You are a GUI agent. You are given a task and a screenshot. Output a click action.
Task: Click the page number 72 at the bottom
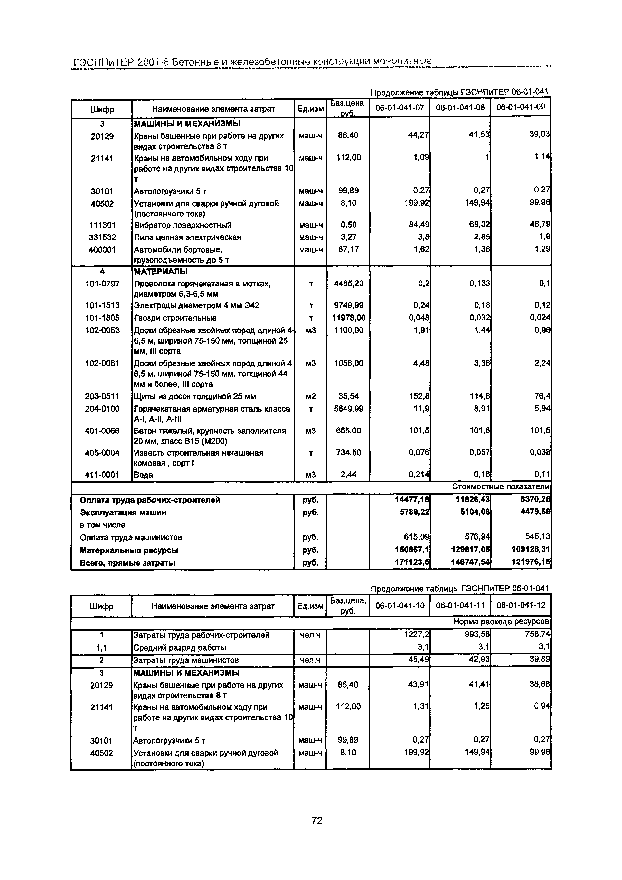pyautogui.click(x=317, y=820)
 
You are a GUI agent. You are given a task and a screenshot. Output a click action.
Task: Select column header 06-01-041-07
pyautogui.click(x=400, y=108)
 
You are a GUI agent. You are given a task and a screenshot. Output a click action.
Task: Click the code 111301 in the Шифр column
pyautogui.click(x=102, y=225)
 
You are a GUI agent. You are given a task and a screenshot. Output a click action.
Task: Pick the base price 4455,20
pyautogui.click(x=348, y=284)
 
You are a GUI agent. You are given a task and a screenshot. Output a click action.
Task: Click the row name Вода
pyautogui.click(x=143, y=475)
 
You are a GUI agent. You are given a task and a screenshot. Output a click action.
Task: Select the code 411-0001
pyautogui.click(x=102, y=475)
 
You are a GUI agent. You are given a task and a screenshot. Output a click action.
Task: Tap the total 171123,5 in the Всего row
pyautogui.click(x=412, y=563)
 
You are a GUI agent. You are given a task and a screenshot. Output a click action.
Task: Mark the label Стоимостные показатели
pyautogui.click(x=501, y=487)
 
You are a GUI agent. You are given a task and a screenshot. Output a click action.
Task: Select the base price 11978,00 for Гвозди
pyautogui.click(x=348, y=318)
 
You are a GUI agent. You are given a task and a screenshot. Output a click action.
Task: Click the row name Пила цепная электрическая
pyautogui.click(x=187, y=237)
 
